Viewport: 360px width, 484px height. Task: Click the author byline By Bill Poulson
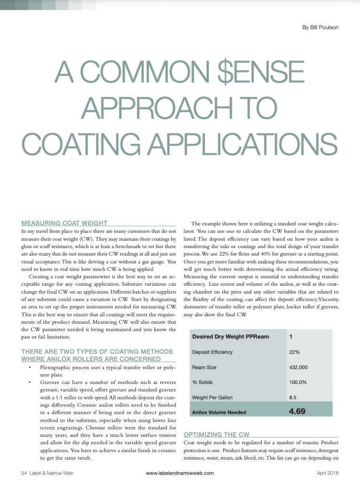(x=320, y=27)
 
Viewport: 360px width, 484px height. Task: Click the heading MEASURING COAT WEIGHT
(x=64, y=223)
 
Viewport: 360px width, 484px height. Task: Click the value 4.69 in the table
(x=297, y=411)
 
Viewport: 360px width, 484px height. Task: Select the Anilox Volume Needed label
(x=219, y=413)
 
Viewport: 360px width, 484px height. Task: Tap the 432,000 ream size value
(x=299, y=367)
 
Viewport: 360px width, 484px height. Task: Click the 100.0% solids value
(x=298, y=382)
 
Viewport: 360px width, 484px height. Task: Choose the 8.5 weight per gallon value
(x=293, y=398)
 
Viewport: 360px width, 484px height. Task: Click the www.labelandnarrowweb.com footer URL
(x=180, y=473)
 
